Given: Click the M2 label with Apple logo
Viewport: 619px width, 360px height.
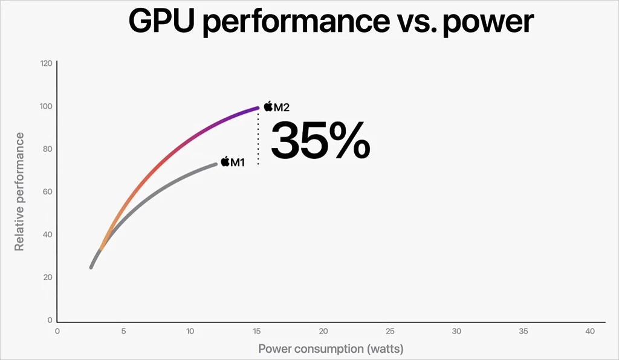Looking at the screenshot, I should click(277, 107).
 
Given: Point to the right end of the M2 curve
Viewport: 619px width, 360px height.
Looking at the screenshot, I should click(258, 108).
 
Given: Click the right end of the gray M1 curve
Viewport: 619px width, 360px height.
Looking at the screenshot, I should click(216, 164).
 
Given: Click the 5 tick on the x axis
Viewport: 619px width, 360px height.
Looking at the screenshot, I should click(123, 331).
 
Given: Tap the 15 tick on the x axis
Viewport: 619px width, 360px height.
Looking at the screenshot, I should click(256, 331).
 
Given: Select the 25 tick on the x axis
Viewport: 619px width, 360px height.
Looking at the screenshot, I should click(390, 331).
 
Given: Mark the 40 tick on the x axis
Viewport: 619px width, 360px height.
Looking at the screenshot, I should click(589, 331).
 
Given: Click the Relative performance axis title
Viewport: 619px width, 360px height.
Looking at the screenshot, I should click(19, 191).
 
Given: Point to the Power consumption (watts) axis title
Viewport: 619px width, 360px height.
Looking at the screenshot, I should click(331, 349).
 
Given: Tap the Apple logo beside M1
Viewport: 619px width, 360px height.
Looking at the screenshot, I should click(225, 161).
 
